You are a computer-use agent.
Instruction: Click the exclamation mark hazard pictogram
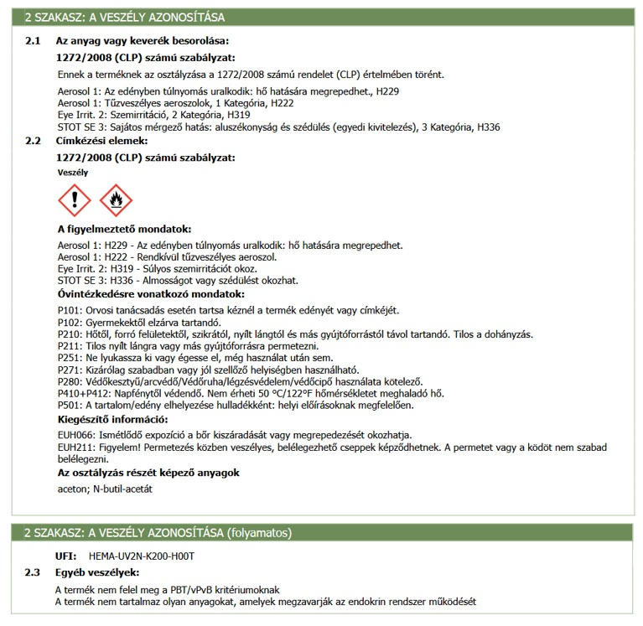[74, 201]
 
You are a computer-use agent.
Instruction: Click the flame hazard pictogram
[116, 201]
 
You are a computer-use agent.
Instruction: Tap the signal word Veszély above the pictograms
[73, 172]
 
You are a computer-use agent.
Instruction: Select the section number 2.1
[33, 40]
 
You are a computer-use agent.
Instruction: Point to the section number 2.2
[33, 141]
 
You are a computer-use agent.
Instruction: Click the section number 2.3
[33, 572]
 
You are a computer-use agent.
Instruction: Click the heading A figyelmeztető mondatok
[124, 230]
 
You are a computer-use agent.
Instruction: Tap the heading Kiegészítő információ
[112, 419]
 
